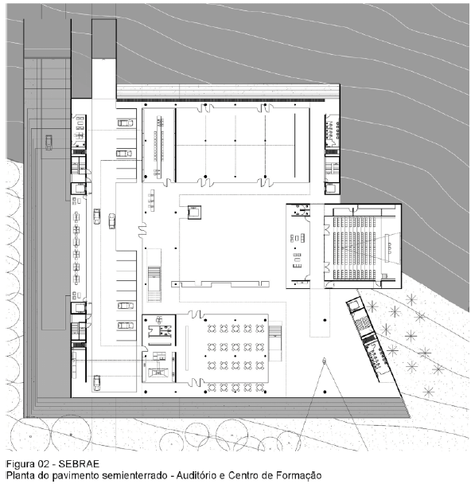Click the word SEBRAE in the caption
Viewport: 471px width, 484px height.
pyautogui.click(x=79, y=464)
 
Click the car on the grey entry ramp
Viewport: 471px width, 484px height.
pyautogui.click(x=49, y=142)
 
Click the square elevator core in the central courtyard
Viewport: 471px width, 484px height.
pyautogui.click(x=194, y=213)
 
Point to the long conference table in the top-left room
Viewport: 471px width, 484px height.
pyautogui.click(x=159, y=146)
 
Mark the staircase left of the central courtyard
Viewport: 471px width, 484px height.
pyautogui.click(x=154, y=284)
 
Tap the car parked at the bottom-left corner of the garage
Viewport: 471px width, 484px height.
pyautogui.click(x=96, y=383)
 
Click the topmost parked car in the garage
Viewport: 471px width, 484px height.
pyautogui.click(x=125, y=123)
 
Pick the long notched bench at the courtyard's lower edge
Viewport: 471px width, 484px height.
pyautogui.click(x=220, y=284)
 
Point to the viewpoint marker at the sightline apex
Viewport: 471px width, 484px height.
pyautogui.click(x=324, y=360)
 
